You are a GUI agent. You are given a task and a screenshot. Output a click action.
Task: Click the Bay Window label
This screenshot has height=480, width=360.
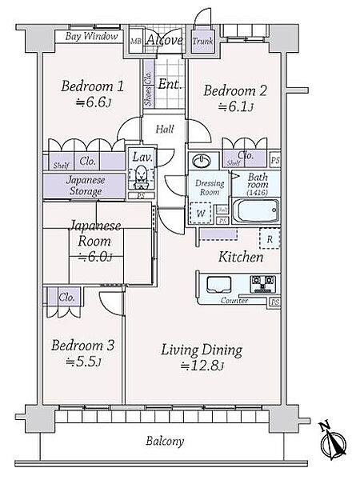coord(91,37)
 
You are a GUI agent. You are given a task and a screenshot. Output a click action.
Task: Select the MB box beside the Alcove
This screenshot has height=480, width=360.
coord(135,40)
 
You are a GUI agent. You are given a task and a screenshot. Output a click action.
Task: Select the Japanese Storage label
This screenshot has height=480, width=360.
coord(85,186)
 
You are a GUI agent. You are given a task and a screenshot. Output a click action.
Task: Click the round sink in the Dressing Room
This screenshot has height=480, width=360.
coord(203,159)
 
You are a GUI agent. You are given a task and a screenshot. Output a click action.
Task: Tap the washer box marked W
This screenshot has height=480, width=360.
coord(198,214)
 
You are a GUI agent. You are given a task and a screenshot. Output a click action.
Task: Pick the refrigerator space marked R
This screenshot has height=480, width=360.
coord(270,238)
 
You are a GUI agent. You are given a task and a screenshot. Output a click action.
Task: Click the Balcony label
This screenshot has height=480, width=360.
coord(166,441)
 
